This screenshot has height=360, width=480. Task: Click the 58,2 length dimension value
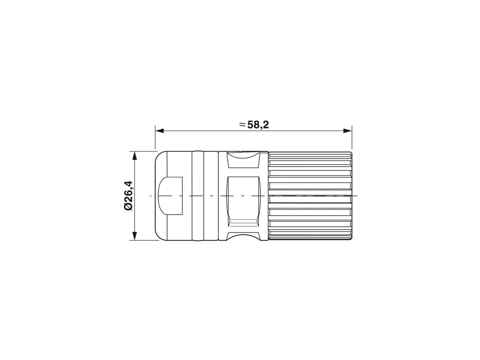pos(258,125)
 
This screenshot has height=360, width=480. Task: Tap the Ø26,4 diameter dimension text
pos(128,196)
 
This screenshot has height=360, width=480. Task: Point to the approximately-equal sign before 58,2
pos(242,125)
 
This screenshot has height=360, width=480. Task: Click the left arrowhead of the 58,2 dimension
pos(160,131)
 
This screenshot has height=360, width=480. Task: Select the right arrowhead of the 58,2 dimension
pos(347,131)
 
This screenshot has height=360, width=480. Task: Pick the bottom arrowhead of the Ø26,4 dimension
pos(134,236)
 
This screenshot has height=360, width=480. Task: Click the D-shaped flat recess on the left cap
pos(170,195)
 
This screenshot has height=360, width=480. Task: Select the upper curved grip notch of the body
pos(243,160)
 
